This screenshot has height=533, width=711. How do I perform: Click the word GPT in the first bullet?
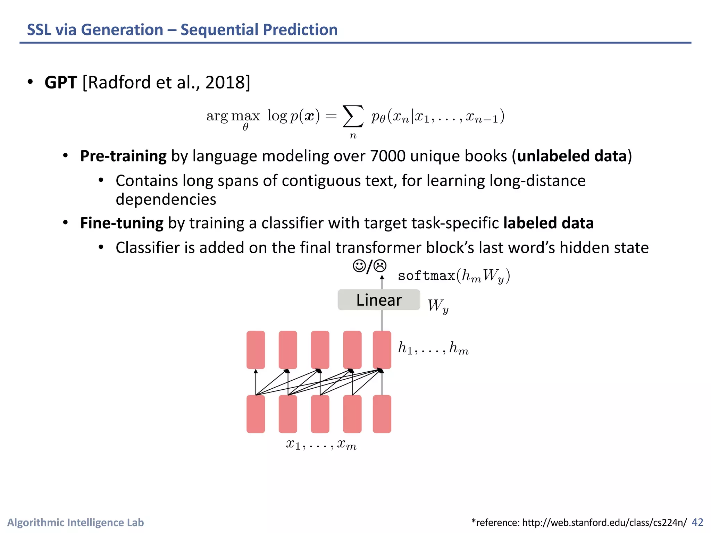[x=60, y=83]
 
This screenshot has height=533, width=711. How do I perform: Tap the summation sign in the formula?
[x=353, y=117]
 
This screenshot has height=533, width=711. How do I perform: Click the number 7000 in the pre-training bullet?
[x=387, y=156]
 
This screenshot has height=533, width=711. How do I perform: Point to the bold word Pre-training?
[x=123, y=156]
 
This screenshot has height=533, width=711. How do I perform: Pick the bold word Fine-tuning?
[x=122, y=223]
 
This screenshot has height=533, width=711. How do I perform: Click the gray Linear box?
[x=379, y=300]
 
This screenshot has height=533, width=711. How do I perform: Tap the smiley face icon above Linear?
[x=359, y=266]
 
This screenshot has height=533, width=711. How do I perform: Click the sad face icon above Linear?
[x=380, y=266]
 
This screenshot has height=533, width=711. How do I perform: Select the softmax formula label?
[x=453, y=276]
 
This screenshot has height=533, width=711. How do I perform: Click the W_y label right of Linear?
[x=438, y=306]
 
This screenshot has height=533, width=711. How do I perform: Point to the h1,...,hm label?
[x=433, y=348]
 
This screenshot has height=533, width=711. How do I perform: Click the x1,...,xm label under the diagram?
[x=321, y=445]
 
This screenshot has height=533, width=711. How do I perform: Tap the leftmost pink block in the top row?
[x=256, y=350]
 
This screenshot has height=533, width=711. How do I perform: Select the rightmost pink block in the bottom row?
[x=382, y=414]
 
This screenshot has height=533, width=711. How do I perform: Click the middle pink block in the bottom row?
[x=320, y=414]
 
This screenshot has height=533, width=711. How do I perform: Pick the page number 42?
[x=697, y=522]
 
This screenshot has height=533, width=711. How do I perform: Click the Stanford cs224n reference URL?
[x=604, y=523]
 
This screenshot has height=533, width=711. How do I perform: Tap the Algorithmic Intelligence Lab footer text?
[x=76, y=523]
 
